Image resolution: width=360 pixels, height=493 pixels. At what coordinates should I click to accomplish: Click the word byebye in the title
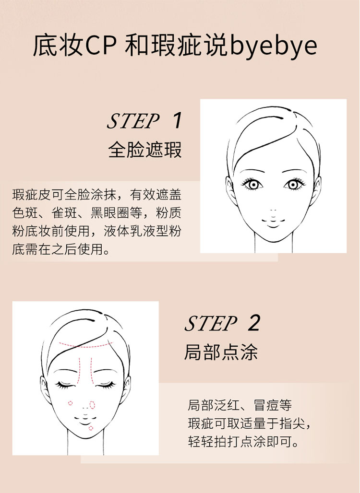tap(273, 47)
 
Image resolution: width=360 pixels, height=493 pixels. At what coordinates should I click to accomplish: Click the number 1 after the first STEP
tap(178, 120)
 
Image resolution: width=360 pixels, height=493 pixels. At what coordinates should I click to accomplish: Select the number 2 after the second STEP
tap(253, 323)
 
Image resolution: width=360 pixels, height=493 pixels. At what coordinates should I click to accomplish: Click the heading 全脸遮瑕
tap(145, 150)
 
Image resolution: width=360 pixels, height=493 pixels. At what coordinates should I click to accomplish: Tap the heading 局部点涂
tap(221, 352)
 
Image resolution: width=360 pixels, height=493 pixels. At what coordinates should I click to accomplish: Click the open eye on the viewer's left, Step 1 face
tap(252, 184)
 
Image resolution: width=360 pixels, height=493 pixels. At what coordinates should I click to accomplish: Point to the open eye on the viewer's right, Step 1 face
tap(294, 184)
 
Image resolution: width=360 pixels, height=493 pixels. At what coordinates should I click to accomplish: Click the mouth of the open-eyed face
tap(273, 223)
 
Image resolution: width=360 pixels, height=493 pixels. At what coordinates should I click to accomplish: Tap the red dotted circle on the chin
tap(91, 428)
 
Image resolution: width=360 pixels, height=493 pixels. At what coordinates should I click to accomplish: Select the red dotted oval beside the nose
tap(92, 405)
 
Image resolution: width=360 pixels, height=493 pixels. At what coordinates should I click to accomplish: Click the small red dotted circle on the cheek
tap(70, 403)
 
